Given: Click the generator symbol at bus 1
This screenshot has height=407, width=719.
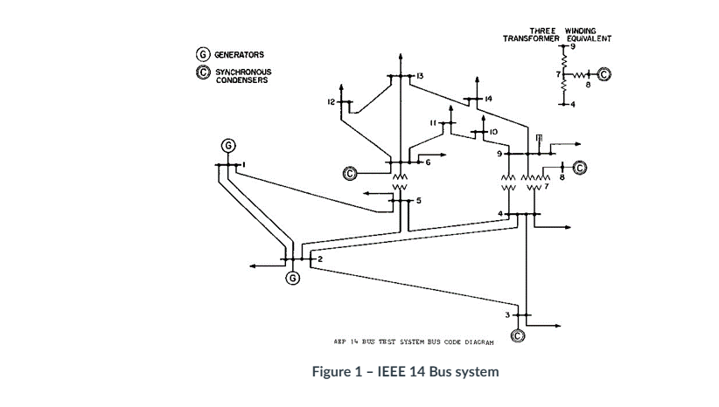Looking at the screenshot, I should click(x=228, y=145).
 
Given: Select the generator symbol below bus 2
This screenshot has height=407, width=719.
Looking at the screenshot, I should click(x=292, y=278).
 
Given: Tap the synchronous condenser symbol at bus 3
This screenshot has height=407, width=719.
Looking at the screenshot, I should click(x=517, y=335).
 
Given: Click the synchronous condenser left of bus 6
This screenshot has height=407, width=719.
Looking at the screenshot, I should click(x=351, y=173).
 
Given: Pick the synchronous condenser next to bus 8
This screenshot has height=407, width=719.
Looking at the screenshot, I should click(x=578, y=166).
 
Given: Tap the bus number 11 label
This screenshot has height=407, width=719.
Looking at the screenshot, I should click(x=433, y=123).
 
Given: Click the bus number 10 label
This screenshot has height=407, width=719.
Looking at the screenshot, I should click(x=493, y=132).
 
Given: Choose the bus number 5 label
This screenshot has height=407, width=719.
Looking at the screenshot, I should click(x=418, y=201).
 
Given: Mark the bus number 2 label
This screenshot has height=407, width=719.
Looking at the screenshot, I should click(x=320, y=259).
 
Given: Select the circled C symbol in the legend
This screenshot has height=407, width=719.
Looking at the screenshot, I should click(x=200, y=72).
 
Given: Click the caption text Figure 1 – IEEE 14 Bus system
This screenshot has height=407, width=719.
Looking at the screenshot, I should click(x=405, y=372).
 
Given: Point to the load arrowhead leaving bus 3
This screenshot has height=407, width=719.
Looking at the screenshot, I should click(x=557, y=326).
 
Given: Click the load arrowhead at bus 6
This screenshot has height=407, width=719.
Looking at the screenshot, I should click(x=444, y=155).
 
